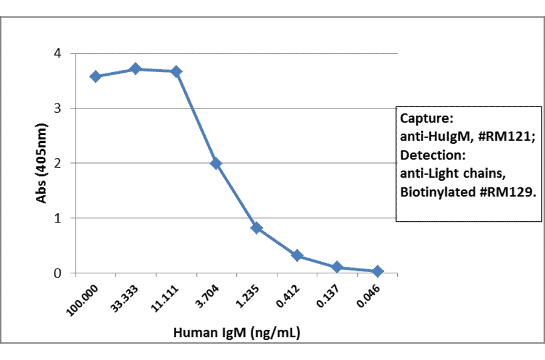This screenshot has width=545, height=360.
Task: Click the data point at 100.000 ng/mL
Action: point(95,76)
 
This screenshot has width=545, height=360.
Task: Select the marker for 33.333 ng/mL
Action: point(136,69)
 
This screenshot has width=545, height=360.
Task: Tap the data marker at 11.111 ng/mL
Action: point(176,72)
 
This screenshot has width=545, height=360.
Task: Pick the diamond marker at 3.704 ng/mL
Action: point(216,163)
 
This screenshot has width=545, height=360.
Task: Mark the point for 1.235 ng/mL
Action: point(256,228)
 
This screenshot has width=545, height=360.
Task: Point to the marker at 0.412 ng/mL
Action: point(297,256)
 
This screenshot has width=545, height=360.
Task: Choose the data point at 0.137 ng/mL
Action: point(337,267)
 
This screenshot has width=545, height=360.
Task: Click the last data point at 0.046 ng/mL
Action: point(377,271)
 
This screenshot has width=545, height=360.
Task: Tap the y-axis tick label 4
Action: point(57,53)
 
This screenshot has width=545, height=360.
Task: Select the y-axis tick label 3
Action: point(57,108)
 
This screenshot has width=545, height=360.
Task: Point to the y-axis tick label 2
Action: point(57,163)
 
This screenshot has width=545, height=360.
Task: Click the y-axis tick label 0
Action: point(57,273)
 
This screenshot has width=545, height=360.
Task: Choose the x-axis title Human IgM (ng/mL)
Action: point(237,332)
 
